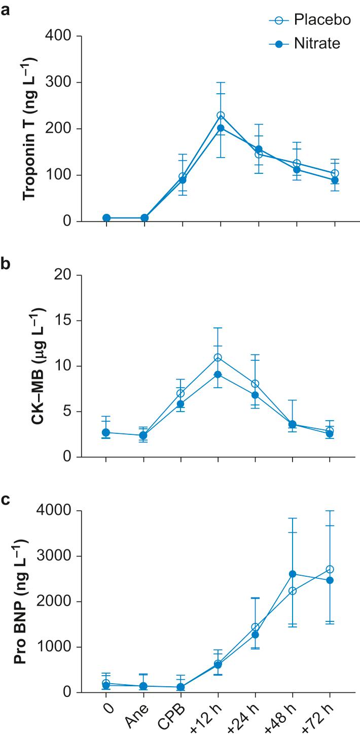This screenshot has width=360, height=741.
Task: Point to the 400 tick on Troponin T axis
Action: [59, 36]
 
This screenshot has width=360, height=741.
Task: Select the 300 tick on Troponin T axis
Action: [59, 83]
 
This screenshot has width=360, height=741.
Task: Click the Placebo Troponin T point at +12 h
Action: [221, 116]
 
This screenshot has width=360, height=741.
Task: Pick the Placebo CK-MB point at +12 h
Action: [218, 357]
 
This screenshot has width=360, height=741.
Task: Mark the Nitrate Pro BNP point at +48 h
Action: [292, 574]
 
